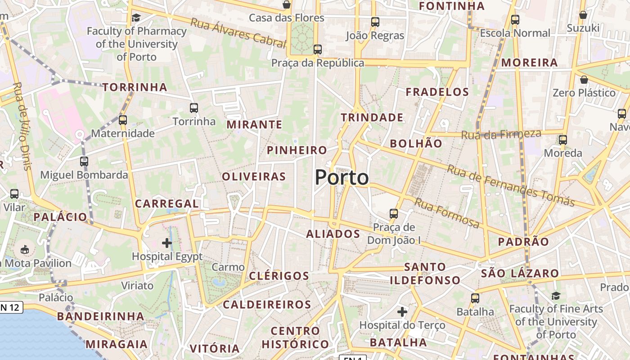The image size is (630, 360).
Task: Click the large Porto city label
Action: (342, 177)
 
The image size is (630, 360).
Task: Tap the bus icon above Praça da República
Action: (318, 49)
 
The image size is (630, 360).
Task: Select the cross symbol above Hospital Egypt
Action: (167, 243)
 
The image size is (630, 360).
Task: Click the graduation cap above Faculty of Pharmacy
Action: (136, 18)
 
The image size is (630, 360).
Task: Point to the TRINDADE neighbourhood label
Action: (372, 117)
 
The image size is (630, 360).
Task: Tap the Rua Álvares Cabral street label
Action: (238, 32)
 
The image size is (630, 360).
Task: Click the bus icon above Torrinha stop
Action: (194, 108)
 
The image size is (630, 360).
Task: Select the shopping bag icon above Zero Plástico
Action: (584, 80)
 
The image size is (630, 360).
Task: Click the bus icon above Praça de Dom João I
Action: (394, 213)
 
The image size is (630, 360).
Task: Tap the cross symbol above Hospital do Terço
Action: (402, 311)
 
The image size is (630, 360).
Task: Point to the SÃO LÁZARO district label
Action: (520, 273)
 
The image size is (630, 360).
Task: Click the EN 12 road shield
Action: (10, 308)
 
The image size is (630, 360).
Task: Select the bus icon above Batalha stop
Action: (475, 298)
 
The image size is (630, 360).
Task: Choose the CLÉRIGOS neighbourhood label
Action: (279, 276)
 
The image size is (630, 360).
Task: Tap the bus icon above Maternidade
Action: (123, 120)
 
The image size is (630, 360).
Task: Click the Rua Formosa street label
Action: (446, 213)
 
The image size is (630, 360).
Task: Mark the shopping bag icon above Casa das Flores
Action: (286, 5)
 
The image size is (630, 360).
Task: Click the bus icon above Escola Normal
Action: (515, 20)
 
